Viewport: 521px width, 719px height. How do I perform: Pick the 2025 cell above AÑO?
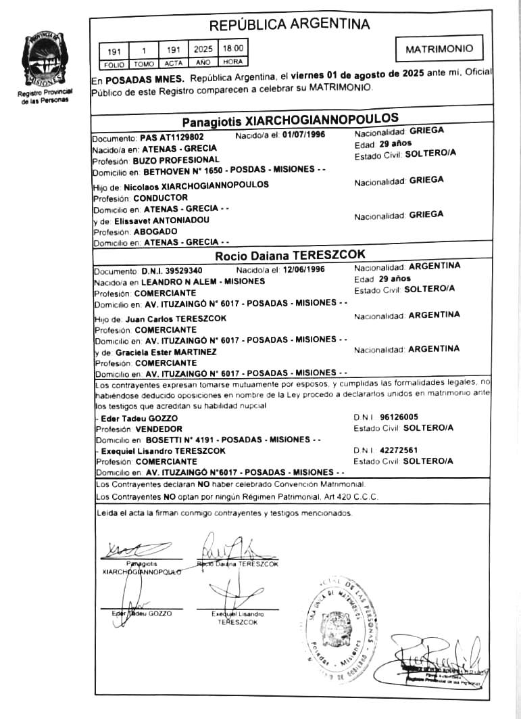point(203,49)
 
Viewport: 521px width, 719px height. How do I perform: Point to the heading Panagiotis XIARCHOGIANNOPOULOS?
point(290,121)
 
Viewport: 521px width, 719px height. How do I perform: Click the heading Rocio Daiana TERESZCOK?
point(290,255)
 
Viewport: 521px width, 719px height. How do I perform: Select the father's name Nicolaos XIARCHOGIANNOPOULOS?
point(197,184)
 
